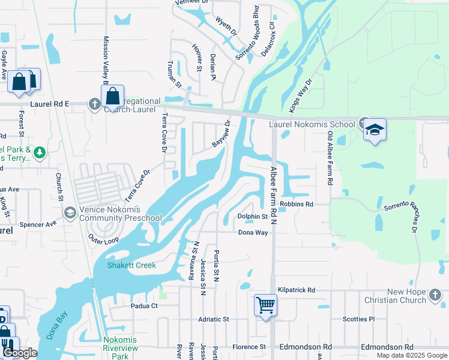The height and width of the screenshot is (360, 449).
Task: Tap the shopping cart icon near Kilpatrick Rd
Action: coord(265,305)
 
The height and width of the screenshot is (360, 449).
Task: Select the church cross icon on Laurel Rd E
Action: coord(94,104)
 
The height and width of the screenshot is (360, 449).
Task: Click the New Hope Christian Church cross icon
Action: coord(435,295)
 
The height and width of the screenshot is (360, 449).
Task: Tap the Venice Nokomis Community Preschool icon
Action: coord(70,213)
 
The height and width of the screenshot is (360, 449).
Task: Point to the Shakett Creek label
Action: coord(131,265)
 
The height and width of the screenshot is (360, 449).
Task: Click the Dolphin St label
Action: coord(252,216)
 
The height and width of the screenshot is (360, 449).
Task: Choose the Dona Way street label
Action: coord(253,232)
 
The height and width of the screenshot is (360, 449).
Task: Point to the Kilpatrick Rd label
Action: coord(295,290)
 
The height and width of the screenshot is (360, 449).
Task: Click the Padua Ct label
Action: coord(144,305)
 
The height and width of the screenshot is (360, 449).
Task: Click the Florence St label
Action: coord(249,347)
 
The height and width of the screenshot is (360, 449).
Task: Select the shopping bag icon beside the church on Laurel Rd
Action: coord(112,95)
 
